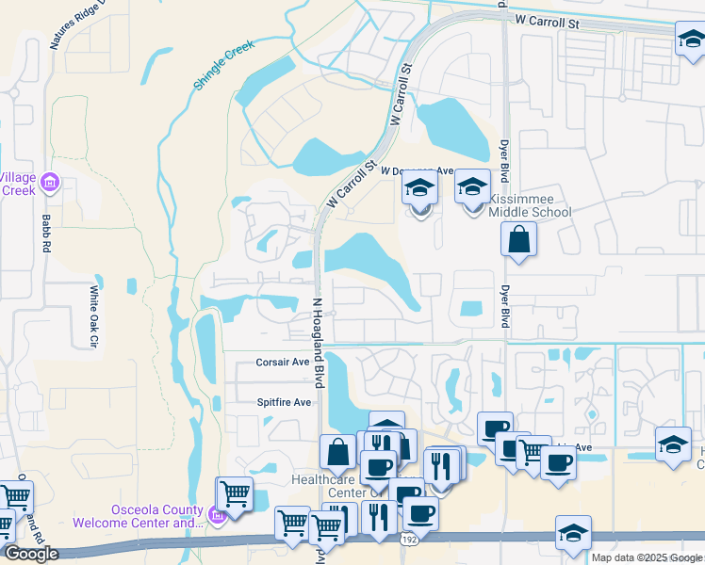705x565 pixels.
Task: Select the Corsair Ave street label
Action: (283, 362)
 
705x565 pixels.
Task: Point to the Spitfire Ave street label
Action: (284, 402)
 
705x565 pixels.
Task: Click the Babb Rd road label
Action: (46, 233)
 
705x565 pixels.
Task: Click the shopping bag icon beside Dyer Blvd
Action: (518, 238)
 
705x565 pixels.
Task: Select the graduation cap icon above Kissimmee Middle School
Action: (473, 186)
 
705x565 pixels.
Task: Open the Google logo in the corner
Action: (31, 554)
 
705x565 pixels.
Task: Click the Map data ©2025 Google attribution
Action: (647, 557)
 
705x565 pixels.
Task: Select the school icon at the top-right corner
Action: (691, 40)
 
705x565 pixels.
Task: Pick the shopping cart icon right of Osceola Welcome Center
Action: (235, 492)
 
